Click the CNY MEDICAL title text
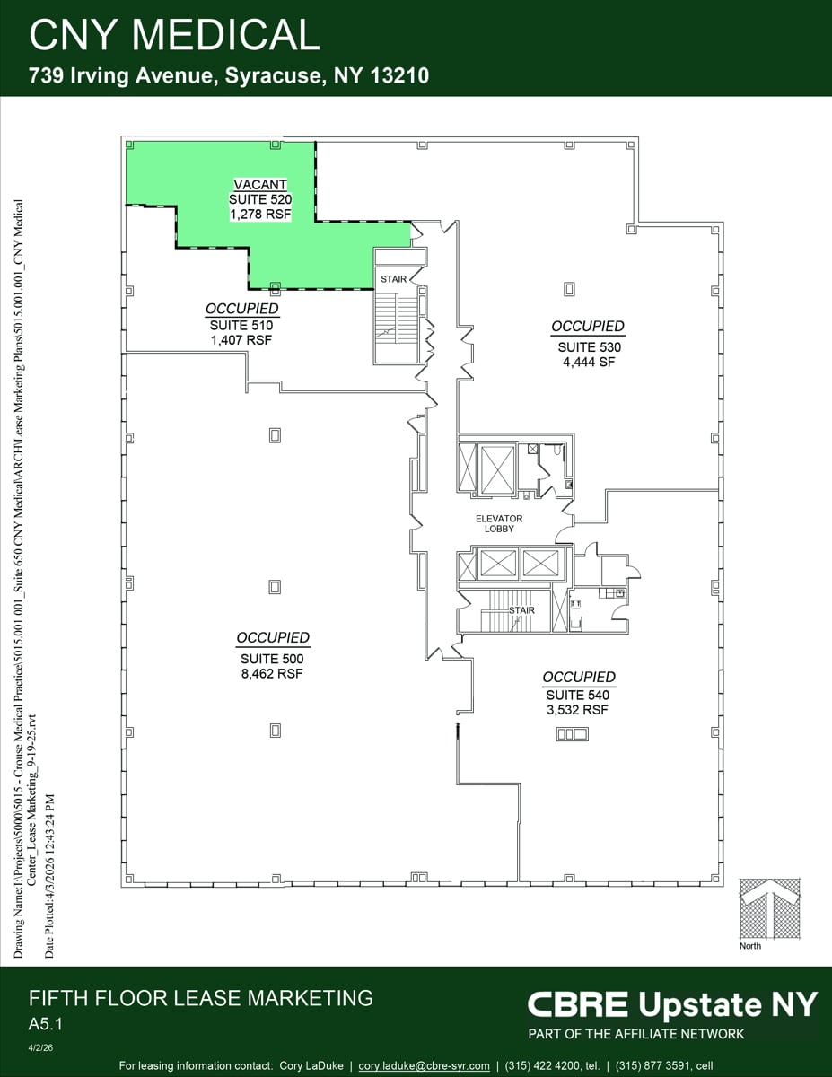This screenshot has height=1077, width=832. [x=174, y=35]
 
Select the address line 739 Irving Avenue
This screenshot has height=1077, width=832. [x=229, y=76]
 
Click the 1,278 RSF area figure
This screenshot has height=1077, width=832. [x=261, y=215]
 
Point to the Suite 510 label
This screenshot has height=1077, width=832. [x=241, y=326]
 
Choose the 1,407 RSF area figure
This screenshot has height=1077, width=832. [x=241, y=340]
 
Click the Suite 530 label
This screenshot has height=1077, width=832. [x=589, y=347]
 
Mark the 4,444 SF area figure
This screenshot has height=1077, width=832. [x=589, y=363]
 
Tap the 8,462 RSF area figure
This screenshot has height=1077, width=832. [x=273, y=673]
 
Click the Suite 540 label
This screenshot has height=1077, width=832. [x=579, y=695]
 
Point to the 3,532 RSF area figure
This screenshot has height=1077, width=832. [x=579, y=710]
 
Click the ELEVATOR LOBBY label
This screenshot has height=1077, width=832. [x=499, y=523]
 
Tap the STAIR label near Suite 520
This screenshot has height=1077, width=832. [x=393, y=279]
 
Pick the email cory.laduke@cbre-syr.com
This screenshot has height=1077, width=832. [x=424, y=1065]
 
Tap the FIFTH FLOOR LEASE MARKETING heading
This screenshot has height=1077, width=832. [x=200, y=997]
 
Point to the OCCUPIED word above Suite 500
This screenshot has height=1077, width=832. [x=273, y=638]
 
